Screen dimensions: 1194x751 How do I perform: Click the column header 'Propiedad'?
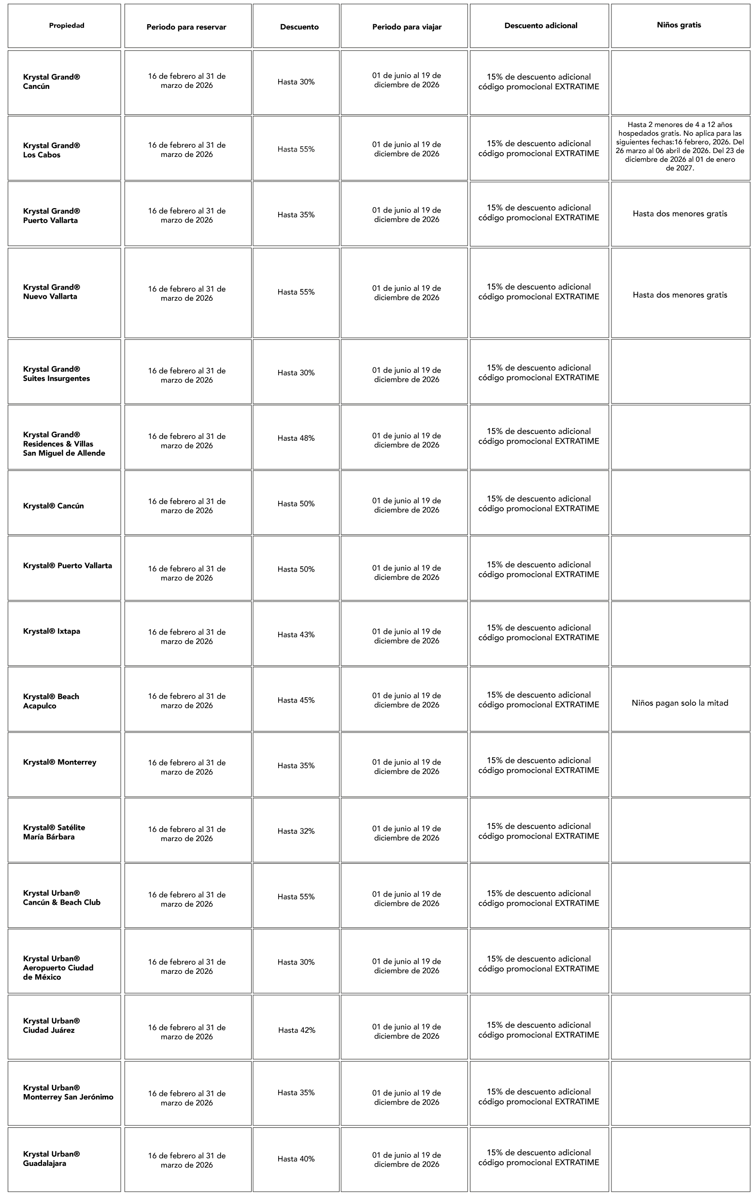tap(67, 26)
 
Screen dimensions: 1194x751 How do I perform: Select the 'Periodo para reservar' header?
tap(186, 27)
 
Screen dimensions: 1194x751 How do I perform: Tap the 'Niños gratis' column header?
tap(679, 25)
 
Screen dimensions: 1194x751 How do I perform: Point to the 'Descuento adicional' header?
tap(541, 26)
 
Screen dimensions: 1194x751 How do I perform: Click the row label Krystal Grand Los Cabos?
tap(52, 150)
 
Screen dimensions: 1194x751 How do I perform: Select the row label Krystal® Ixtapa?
tap(52, 631)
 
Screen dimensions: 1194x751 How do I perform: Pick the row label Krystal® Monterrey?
tap(59, 762)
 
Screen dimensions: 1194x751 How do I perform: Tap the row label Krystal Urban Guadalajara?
tap(52, 1158)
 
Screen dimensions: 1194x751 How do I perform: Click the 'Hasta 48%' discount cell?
tap(296, 438)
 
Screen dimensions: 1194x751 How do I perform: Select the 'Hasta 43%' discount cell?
tap(296, 635)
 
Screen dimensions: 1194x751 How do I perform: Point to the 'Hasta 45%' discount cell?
tap(296, 700)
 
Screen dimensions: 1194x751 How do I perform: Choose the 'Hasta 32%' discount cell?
tap(296, 831)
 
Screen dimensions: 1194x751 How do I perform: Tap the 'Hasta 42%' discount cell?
tap(297, 1030)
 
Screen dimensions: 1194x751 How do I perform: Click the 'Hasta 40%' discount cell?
tap(296, 1159)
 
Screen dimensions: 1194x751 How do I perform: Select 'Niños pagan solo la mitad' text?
tap(680, 702)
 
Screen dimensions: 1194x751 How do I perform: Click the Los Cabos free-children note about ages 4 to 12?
tap(680, 146)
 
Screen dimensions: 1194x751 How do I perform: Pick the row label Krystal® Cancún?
tap(54, 506)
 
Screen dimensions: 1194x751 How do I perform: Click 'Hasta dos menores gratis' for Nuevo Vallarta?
tap(680, 295)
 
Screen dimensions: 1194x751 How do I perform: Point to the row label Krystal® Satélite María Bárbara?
tap(54, 832)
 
